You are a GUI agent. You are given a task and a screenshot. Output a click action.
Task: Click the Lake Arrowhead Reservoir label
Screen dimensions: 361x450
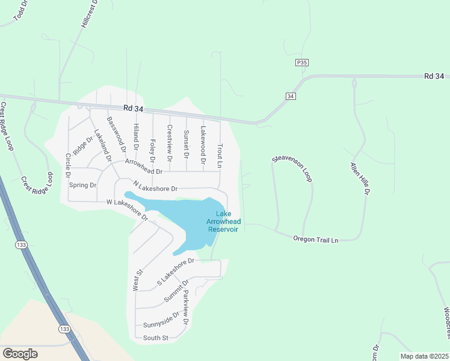[x=223, y=221]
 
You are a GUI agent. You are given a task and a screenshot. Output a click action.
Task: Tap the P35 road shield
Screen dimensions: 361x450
[x=302, y=62]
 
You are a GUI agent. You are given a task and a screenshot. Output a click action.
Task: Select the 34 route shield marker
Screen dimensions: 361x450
[x=291, y=96]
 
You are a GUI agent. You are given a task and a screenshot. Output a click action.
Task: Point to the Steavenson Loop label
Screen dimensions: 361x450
[x=292, y=168]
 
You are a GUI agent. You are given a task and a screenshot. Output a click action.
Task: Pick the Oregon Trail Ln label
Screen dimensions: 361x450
[x=316, y=239]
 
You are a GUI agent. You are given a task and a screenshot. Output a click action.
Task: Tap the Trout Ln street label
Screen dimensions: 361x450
[x=220, y=155]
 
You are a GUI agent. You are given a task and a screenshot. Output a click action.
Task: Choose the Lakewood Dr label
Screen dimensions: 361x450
[x=203, y=146]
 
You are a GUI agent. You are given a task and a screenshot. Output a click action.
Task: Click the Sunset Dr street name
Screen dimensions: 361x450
[x=186, y=144]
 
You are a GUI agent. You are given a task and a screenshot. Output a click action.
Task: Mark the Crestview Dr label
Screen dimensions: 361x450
[x=170, y=144]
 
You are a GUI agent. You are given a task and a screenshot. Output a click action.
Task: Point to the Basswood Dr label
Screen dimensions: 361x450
[x=116, y=134]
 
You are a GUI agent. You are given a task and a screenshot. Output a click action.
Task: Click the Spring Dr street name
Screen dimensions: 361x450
[x=82, y=185]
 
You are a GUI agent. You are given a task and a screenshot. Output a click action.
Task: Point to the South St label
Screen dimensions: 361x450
[x=156, y=338]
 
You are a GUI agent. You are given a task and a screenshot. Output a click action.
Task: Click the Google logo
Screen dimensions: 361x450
[x=20, y=353]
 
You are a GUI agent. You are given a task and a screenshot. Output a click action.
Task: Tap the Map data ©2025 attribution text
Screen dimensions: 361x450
[x=424, y=356]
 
